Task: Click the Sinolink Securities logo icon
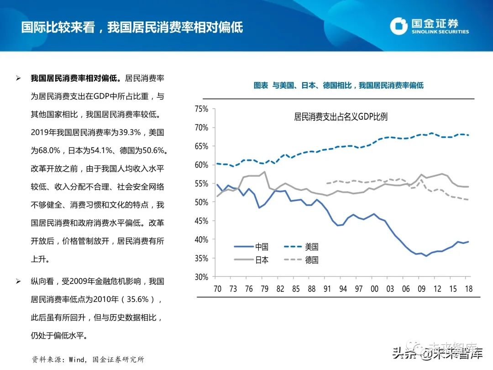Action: tap(399, 26)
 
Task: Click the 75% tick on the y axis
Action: tap(201, 109)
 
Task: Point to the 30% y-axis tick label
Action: tap(201, 277)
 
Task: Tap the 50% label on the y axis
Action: tap(201, 202)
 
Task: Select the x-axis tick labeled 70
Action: tap(217, 289)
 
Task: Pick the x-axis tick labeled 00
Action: tap(374, 289)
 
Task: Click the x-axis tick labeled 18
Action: tap(468, 289)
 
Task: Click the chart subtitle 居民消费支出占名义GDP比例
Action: tap(341, 117)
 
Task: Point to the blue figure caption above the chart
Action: tap(338, 85)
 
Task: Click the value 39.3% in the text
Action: tap(131, 132)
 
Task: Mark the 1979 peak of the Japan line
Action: tap(265, 172)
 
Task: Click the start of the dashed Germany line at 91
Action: tap(326, 183)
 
